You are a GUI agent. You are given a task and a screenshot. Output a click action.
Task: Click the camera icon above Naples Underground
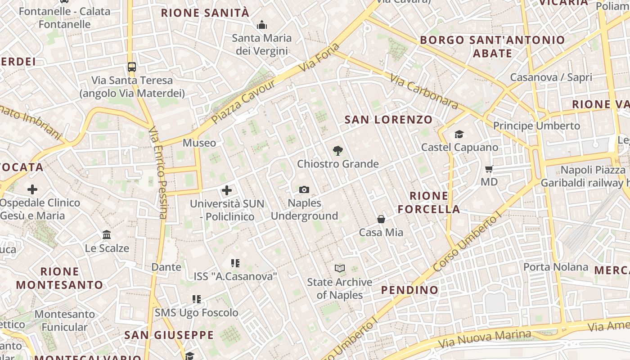point(304,190)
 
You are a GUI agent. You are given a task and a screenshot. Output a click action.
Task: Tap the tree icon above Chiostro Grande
point(337,151)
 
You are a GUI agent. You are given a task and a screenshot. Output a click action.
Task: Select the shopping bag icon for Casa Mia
point(381,219)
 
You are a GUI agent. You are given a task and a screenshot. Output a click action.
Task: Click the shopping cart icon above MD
point(489,169)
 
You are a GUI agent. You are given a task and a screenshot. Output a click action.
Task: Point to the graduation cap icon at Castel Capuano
point(459,134)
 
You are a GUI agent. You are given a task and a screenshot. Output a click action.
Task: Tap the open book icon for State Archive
point(340,269)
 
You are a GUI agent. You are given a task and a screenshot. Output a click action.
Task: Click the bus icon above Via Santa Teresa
point(132,67)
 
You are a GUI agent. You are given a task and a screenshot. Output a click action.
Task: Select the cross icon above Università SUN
point(227,190)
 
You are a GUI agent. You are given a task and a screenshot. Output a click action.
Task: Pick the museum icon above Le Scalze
point(107,235)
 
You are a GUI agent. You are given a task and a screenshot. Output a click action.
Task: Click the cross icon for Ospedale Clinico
point(32,189)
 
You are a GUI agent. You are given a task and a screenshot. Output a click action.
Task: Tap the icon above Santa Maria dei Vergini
point(261,25)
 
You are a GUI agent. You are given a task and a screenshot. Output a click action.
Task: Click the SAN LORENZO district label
point(388,120)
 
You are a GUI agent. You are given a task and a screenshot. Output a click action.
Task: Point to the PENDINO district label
point(409,290)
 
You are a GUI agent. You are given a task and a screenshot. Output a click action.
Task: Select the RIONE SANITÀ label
point(205,13)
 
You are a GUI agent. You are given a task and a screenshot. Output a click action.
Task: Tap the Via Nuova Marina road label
point(485,338)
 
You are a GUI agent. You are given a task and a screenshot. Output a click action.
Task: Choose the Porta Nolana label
point(555,267)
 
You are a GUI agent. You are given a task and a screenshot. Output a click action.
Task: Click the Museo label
point(199,143)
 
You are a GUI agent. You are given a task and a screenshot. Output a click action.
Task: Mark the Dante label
point(166,267)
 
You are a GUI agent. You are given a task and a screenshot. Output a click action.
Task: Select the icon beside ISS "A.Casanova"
point(235,263)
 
